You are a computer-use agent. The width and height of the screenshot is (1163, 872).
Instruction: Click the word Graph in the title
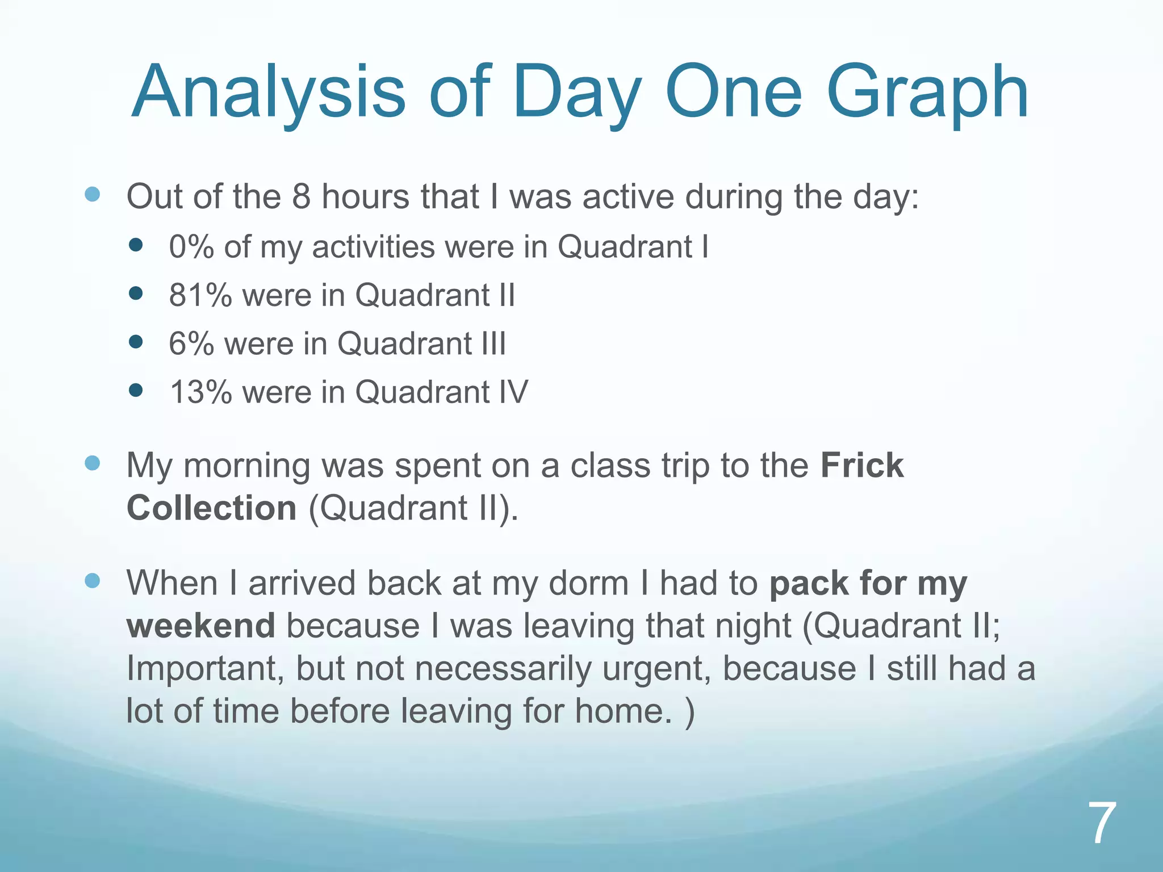pyautogui.click(x=927, y=94)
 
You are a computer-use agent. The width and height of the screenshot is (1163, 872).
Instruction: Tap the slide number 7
pyautogui.click(x=1102, y=823)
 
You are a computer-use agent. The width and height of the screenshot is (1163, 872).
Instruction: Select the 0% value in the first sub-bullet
pyautogui.click(x=191, y=248)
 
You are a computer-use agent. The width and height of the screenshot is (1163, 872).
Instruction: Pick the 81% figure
pyautogui.click(x=200, y=296)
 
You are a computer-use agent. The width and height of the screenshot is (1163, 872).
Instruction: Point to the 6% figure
pyautogui.click(x=191, y=344)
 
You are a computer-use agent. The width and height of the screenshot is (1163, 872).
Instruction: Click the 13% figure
pyautogui.click(x=200, y=392)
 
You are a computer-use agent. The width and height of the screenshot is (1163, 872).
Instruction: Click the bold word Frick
pyautogui.click(x=861, y=466)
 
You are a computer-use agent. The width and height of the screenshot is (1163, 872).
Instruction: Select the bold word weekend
pyautogui.click(x=200, y=626)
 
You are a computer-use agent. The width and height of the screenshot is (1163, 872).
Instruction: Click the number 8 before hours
pyautogui.click(x=301, y=197)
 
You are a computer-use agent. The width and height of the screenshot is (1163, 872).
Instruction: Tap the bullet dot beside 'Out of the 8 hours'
pyautogui.click(x=92, y=195)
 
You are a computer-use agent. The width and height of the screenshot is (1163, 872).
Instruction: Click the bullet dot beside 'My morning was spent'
pyautogui.click(x=92, y=463)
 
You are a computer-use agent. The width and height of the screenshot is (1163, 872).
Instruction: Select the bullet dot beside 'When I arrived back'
pyautogui.click(x=92, y=581)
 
